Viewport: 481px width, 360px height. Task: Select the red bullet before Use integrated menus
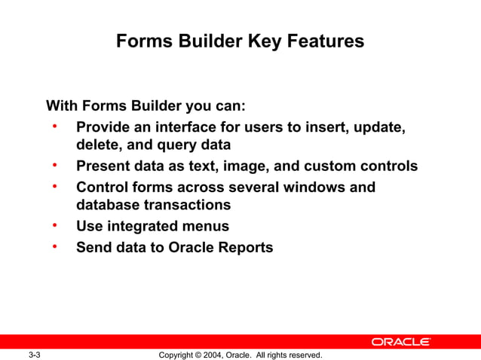[55, 225]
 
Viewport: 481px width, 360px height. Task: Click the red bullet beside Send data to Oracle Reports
[55, 246]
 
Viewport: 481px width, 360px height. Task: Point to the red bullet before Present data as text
[55, 164]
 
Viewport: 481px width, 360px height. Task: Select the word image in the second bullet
[239, 165]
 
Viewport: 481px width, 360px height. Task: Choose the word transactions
[188, 204]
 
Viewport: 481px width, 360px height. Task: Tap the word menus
[206, 225]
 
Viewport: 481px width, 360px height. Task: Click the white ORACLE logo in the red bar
[400, 342]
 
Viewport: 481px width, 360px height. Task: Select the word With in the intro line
[63, 105]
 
